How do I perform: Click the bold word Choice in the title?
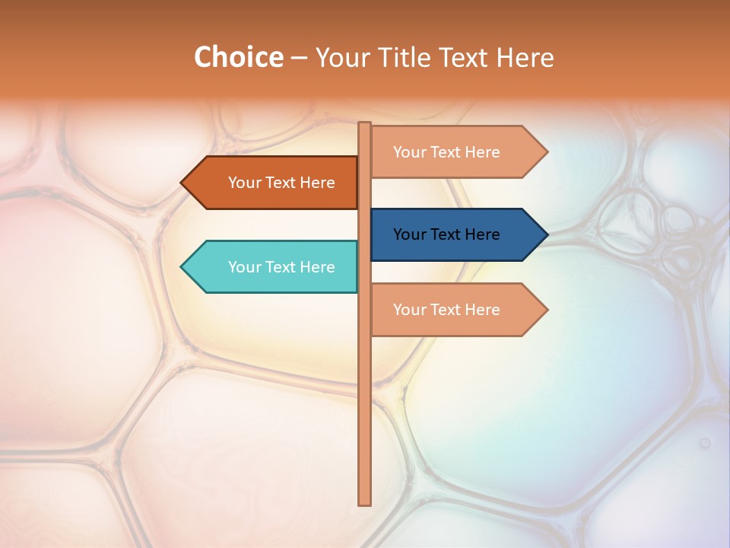pos(238,57)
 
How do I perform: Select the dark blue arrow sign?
pos(456,234)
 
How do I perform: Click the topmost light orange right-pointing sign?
pos(456,152)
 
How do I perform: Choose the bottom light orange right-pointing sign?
pos(456,310)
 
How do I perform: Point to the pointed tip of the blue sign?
pos(546,234)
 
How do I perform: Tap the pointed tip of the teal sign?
pos(182,266)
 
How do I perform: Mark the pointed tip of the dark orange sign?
pos(182,183)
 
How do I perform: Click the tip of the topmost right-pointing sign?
pos(546,152)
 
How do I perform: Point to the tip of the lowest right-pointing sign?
pos(546,310)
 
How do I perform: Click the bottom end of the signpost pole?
pos(365,502)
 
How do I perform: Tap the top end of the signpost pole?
pos(365,124)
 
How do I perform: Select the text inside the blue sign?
pos(446,234)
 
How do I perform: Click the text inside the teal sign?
pos(281,267)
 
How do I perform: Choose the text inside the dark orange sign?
pos(281,183)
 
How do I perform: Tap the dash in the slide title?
pos(299,58)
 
